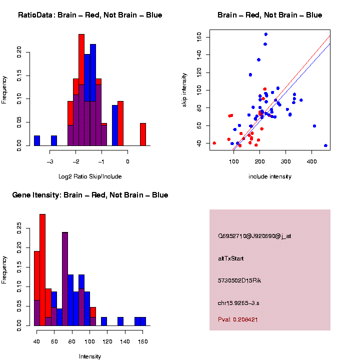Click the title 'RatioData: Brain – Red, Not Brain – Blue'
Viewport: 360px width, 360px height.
point(90,15)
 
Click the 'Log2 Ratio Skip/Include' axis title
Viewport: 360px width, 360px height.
point(90,176)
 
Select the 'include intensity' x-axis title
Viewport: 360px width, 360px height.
point(270,176)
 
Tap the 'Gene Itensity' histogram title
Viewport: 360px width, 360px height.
point(90,195)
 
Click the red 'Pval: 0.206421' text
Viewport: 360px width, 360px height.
point(238,319)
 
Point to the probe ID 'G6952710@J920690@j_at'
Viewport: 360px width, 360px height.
point(254,236)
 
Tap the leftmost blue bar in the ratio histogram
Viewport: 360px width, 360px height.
point(37,140)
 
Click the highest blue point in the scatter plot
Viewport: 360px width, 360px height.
point(265,34)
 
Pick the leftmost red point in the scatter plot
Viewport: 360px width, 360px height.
point(214,143)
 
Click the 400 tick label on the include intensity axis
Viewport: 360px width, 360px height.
point(311,160)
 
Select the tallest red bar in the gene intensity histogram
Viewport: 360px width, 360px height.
point(42,270)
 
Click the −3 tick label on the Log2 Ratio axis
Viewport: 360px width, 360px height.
point(49,161)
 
